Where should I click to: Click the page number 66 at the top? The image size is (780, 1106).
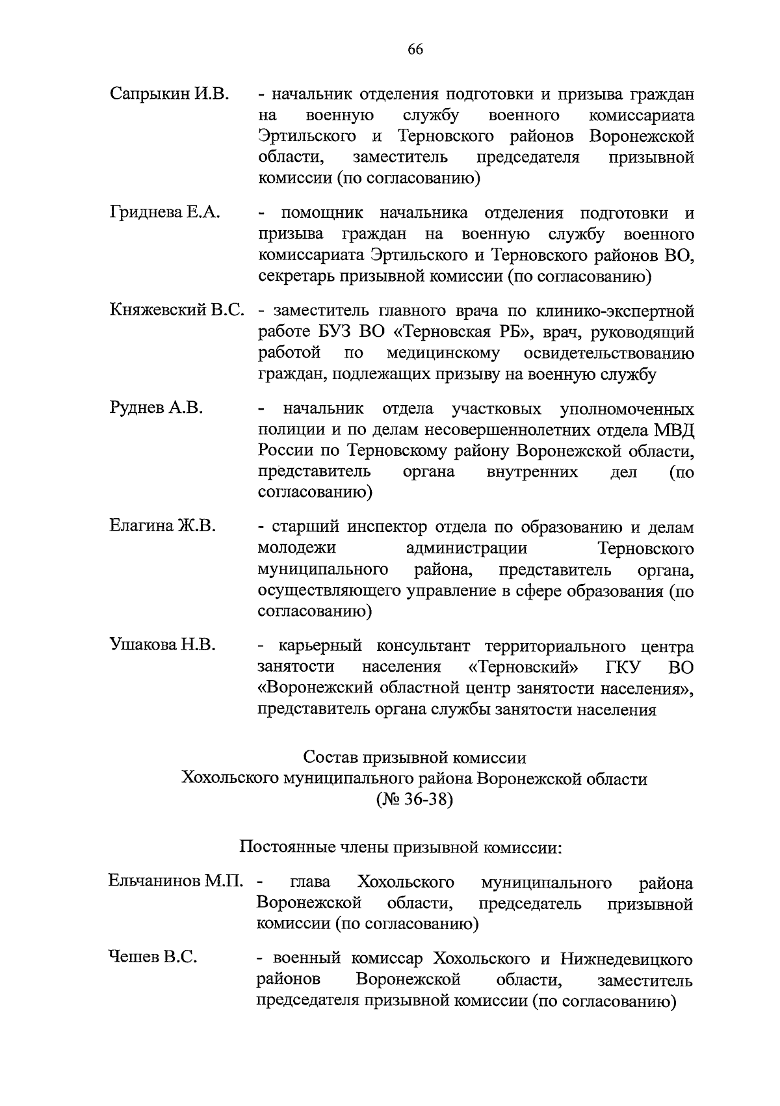pos(415,50)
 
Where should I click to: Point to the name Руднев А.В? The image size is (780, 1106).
pos(156,408)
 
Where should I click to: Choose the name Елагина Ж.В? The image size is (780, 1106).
pos(162,526)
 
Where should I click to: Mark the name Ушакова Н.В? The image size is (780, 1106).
pos(162,645)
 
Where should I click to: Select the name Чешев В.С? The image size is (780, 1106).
pos(153,958)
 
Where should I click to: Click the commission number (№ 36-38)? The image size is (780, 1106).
pos(414,799)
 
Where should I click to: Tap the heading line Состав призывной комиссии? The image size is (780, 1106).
pos(415,757)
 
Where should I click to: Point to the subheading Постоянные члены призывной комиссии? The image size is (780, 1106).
pos(400,847)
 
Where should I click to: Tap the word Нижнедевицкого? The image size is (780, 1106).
pos(627,959)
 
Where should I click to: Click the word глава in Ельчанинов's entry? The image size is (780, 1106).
pos(310,882)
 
